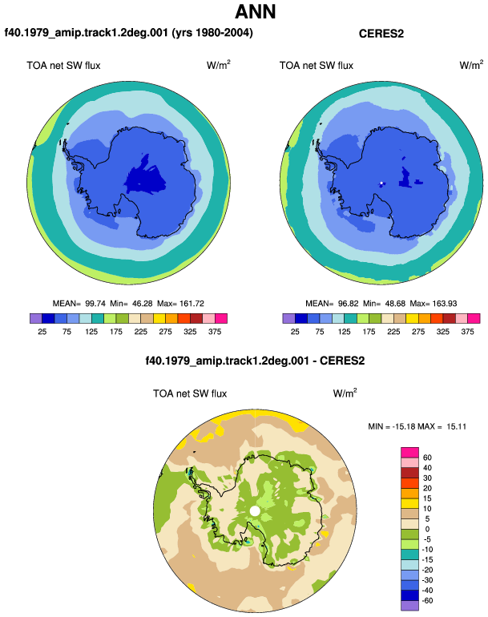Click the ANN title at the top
click(255, 12)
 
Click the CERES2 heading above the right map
click(381, 34)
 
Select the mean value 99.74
click(95, 304)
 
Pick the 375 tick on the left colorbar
click(215, 332)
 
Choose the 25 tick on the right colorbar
click(295, 332)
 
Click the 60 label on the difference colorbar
click(427, 458)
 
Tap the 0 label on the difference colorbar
click(427, 529)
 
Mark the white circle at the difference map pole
click(255, 511)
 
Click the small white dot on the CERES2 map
click(381, 183)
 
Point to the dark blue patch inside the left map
click(145, 178)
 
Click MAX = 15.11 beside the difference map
click(442, 426)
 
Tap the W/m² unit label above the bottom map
click(345, 393)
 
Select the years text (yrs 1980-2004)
click(212, 33)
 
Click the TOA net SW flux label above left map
click(63, 66)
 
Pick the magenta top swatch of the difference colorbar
click(409, 453)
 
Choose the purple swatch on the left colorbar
click(36, 318)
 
